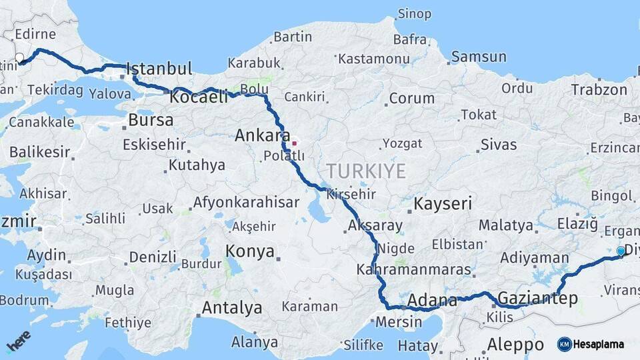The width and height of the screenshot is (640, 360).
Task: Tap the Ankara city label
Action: [x=263, y=136]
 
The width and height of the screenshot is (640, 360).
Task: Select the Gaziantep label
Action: [x=538, y=298]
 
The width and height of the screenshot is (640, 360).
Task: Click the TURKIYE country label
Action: [x=366, y=171]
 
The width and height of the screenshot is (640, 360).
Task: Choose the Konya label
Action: [x=250, y=251]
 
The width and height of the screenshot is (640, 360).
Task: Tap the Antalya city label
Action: [x=231, y=308]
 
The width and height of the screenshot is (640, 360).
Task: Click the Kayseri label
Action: [x=443, y=203]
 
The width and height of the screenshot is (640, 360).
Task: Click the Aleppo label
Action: [x=515, y=345]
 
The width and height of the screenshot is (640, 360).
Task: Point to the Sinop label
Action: [x=415, y=14]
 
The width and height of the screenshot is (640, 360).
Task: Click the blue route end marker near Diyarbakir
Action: [x=621, y=251]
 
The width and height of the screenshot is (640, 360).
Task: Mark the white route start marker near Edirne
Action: [x=19, y=58]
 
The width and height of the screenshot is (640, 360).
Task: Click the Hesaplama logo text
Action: [x=598, y=344]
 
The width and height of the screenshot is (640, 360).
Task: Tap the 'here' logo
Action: [x=18, y=342]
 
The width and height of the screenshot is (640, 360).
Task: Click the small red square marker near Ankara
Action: [x=294, y=143]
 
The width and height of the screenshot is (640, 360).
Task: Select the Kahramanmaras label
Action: [x=413, y=270]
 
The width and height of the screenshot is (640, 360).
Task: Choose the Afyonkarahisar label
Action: [x=246, y=202]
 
